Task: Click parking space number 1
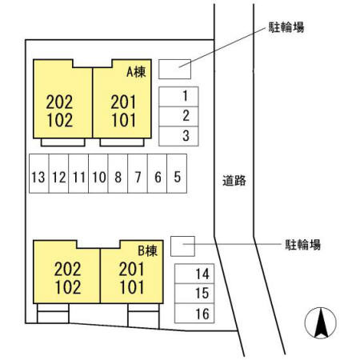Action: point(178,97)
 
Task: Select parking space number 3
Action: point(178,136)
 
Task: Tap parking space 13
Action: point(39,174)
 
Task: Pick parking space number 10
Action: point(98,174)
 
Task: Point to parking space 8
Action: point(118,174)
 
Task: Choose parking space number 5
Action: point(177,174)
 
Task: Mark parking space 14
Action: point(194,274)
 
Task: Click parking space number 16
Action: point(194,314)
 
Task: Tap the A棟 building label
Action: point(136,72)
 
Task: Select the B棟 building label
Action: point(148,251)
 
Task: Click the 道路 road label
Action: point(234,181)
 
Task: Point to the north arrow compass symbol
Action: point(321,323)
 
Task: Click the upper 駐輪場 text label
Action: point(286,27)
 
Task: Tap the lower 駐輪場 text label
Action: point(303,245)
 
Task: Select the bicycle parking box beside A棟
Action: point(174,69)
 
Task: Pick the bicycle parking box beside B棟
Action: point(182,246)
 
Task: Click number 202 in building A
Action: point(59,102)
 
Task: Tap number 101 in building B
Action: point(132,287)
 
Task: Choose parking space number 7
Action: point(138,174)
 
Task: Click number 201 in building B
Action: point(132,269)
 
